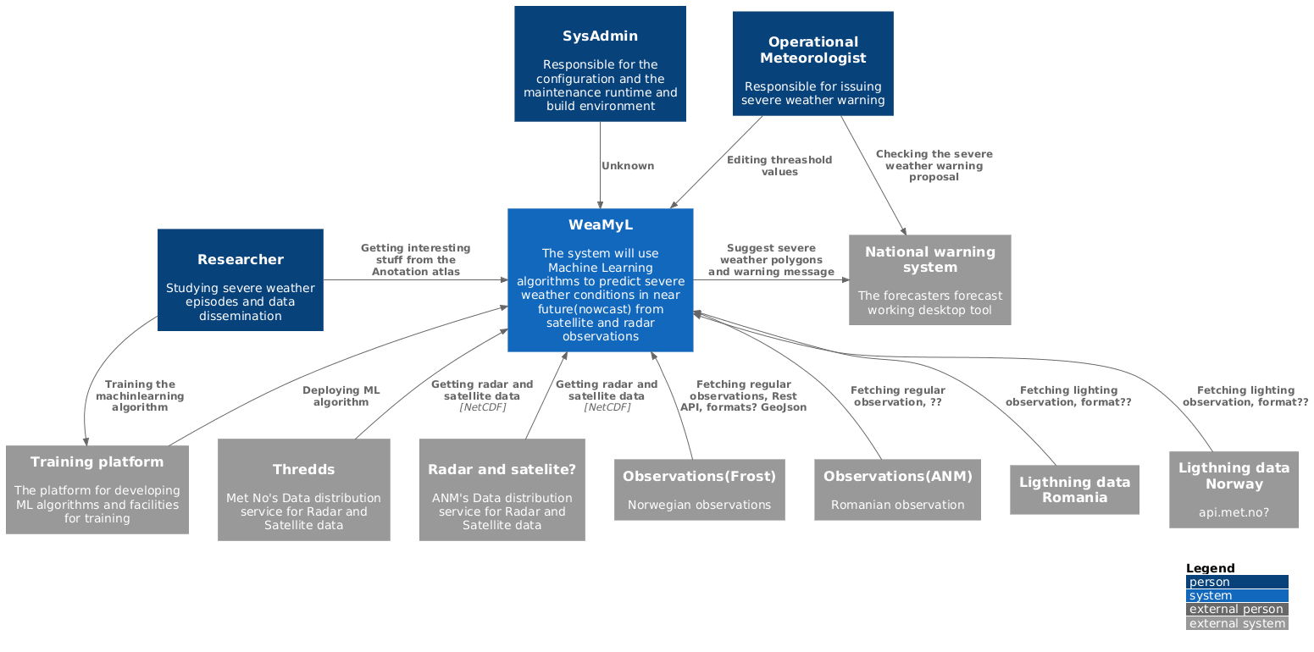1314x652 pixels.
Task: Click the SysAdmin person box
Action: pos(600,64)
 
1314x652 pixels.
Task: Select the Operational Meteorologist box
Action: pos(812,64)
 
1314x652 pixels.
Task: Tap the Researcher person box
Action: pos(240,279)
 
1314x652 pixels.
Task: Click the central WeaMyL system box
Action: pos(600,279)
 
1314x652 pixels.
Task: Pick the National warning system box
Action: pos(929,279)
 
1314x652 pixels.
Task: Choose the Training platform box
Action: pos(97,489)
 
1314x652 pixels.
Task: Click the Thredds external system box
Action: pos(303,489)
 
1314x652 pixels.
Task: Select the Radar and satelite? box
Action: pos(502,489)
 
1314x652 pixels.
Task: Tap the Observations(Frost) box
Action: pos(699,489)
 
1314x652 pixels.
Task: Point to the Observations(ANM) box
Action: pos(897,489)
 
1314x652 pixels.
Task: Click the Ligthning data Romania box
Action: pos(1073,489)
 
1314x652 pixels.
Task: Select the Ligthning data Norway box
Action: pos(1234,489)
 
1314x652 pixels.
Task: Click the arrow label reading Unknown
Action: pos(627,166)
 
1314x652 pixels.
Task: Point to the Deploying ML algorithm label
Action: pos(341,396)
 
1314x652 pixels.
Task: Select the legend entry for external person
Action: pos(1236,609)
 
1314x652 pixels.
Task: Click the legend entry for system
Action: pos(1236,595)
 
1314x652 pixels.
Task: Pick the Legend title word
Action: pos(1210,568)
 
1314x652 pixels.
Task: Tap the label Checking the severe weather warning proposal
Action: pos(934,165)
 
